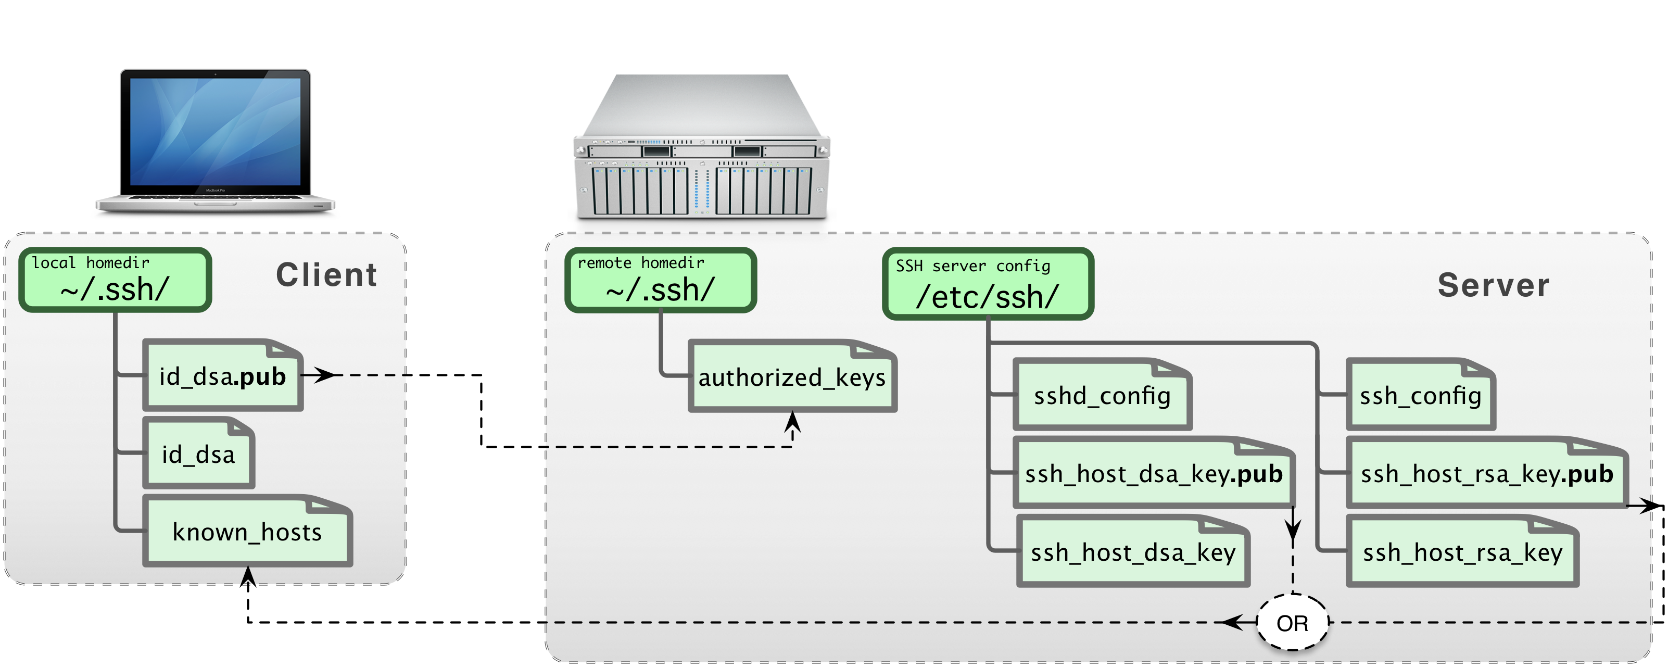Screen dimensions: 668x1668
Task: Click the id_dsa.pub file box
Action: (223, 376)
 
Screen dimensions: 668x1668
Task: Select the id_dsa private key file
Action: (199, 453)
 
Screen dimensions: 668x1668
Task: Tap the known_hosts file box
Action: (247, 532)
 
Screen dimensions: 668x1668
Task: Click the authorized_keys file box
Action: (792, 377)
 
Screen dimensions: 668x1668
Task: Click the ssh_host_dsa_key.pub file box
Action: (1153, 474)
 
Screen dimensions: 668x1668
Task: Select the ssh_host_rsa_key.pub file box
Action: (1487, 474)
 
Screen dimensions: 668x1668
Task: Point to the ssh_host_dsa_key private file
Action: (1132, 552)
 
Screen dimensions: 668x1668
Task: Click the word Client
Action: (326, 275)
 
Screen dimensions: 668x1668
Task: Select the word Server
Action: (1493, 285)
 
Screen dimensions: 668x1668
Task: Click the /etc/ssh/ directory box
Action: (988, 284)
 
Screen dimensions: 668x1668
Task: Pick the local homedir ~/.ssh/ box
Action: (115, 280)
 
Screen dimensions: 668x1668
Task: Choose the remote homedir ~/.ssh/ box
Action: (661, 280)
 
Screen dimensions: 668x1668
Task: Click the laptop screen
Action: (215, 131)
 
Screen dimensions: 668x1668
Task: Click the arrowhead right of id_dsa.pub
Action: (324, 375)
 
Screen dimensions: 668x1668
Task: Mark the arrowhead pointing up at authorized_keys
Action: (792, 422)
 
